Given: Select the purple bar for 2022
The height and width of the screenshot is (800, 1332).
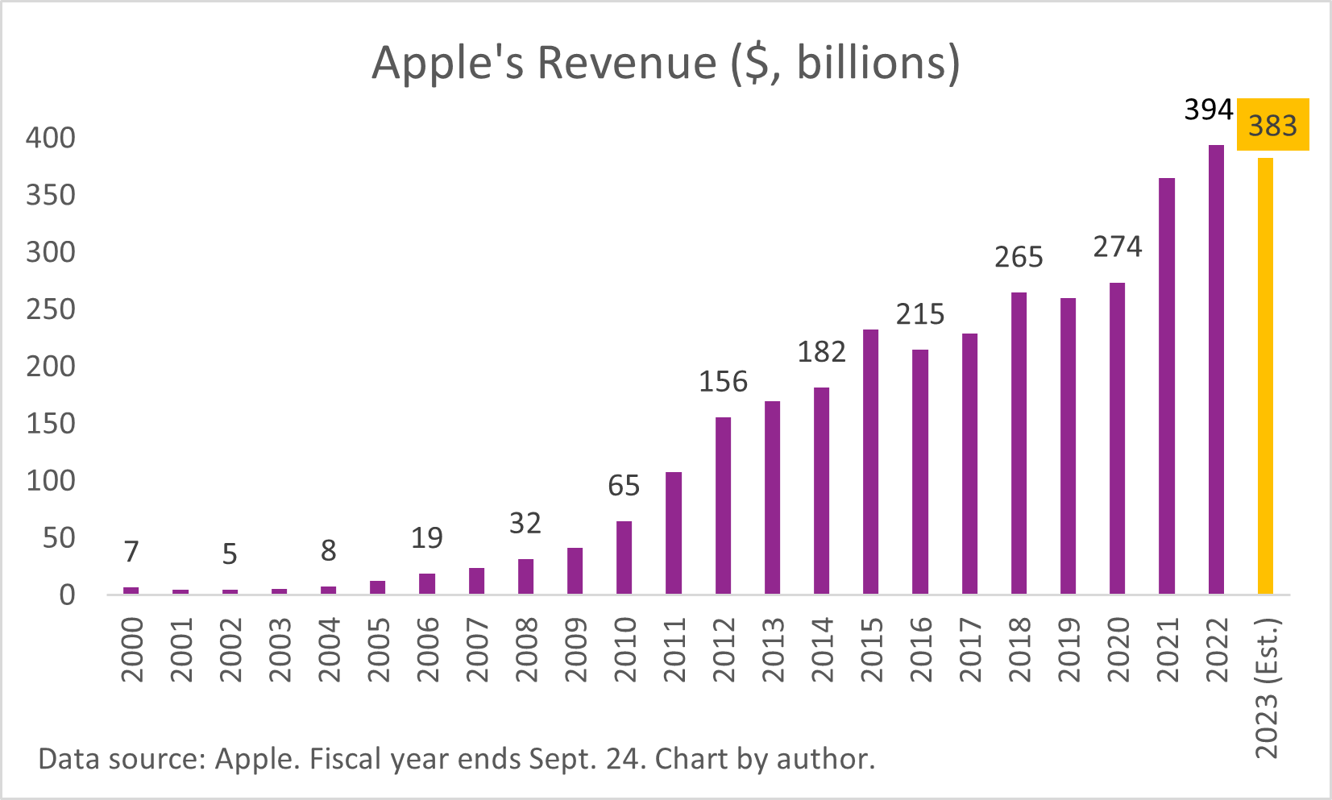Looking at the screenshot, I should coord(1216,370).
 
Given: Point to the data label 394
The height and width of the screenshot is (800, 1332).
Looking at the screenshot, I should coord(1208,110).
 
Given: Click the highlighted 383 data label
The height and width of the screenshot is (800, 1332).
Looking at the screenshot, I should coord(1272,126).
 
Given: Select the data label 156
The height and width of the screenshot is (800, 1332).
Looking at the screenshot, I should coord(723,381).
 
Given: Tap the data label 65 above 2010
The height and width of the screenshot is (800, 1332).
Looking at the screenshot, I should coord(624,486).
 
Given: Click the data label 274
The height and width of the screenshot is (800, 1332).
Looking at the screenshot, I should coord(1117,247).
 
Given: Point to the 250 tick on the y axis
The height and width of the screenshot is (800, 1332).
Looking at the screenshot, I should coord(50,309).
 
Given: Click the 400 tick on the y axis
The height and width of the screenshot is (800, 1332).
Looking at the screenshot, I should coord(50,138).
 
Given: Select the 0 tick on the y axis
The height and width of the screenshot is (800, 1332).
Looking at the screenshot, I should coord(67,595).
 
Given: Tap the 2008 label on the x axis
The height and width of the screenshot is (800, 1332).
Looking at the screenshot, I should coord(525,649).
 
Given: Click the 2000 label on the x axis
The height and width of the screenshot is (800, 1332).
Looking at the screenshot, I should coord(131,649).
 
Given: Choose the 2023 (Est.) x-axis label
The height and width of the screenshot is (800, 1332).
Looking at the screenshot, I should coord(1267,688).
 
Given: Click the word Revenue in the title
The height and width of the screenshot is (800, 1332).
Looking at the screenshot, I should coord(627,62).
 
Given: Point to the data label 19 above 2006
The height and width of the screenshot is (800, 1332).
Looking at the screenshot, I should coord(426,538).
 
